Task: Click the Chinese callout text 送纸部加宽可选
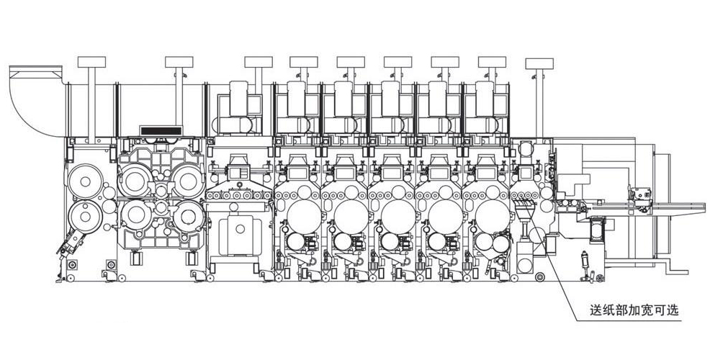(x=634, y=310)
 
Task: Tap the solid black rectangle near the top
(x=161, y=131)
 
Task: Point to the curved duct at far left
(x=36, y=102)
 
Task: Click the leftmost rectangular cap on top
(x=91, y=62)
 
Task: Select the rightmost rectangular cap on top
(x=539, y=63)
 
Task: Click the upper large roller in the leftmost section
(x=85, y=181)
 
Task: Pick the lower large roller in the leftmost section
(x=85, y=216)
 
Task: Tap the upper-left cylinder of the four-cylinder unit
(x=135, y=180)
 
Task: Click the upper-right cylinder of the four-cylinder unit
(x=188, y=180)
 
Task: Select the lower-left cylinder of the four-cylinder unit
(x=135, y=215)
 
